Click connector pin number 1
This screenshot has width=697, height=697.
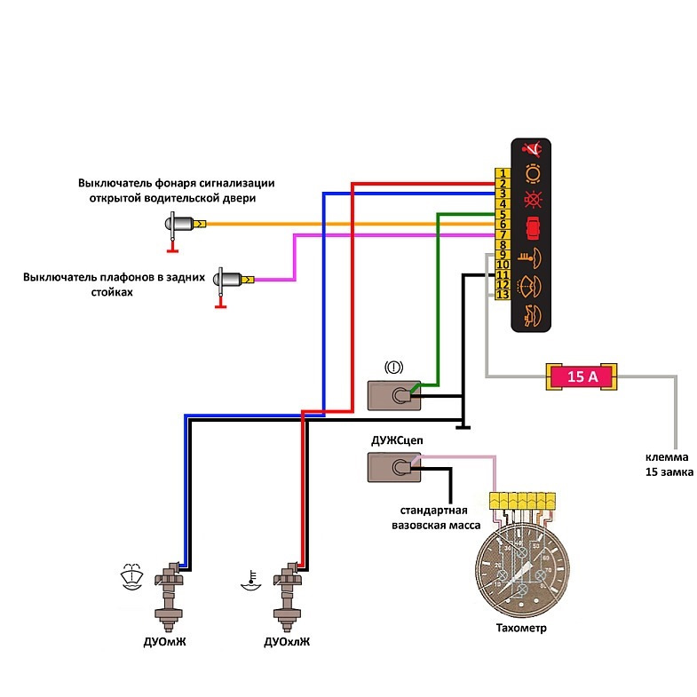(x=502, y=173)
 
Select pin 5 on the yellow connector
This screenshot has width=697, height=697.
(x=502, y=214)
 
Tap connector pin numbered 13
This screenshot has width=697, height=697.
(x=502, y=294)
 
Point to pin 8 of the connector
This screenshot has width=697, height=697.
(x=502, y=244)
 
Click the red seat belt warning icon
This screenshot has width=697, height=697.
(x=534, y=149)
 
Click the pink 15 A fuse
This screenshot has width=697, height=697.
(x=582, y=376)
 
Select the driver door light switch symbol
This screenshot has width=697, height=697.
(x=185, y=224)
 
